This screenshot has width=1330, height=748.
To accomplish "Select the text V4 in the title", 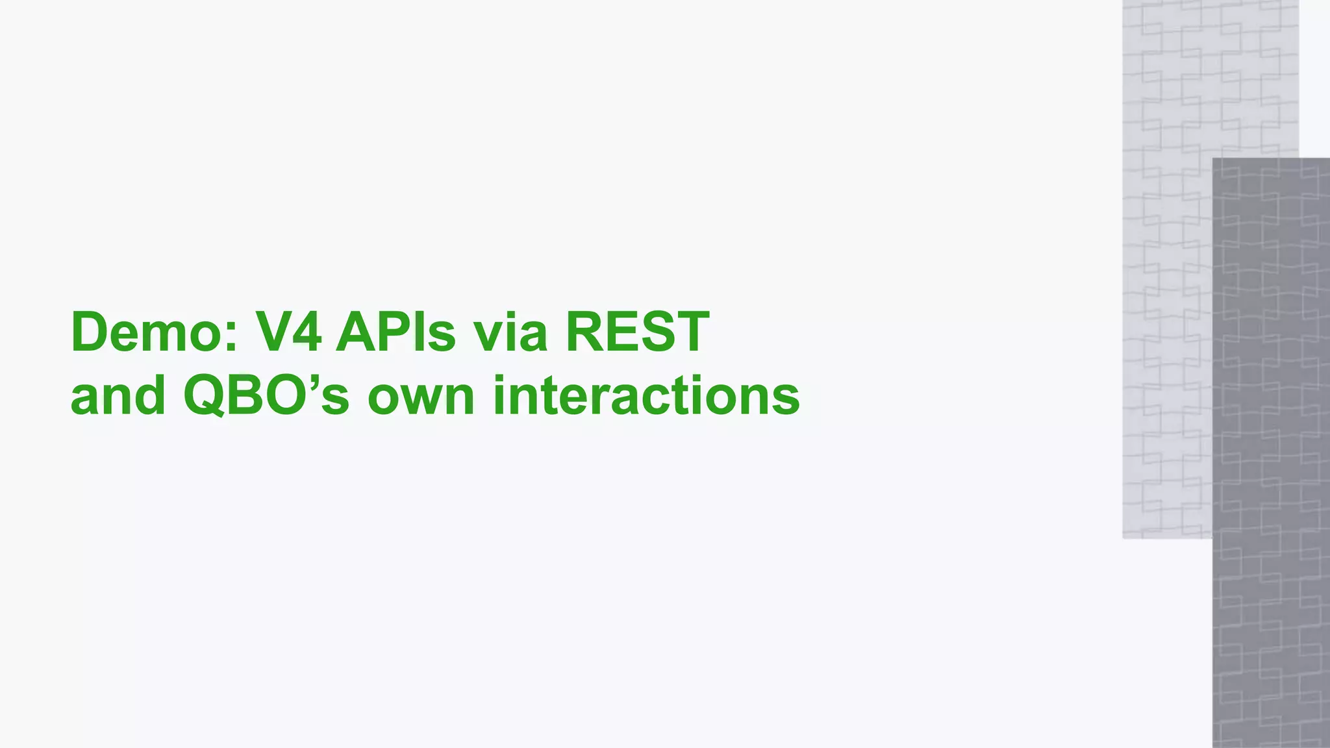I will tap(288, 332).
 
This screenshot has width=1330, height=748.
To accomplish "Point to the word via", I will tap(510, 332).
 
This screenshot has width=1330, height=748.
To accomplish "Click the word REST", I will tap(637, 332).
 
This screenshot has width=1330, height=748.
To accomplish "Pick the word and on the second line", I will tap(118, 396).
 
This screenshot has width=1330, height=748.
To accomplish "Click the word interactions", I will tap(646, 396).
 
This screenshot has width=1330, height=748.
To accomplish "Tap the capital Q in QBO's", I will tap(207, 396).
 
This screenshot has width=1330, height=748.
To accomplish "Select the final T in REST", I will tap(690, 332).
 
